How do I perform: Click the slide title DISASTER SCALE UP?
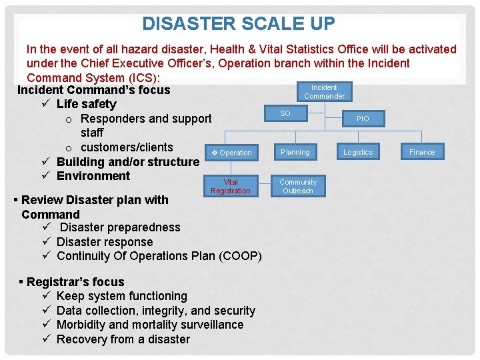(x=239, y=24)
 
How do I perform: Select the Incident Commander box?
(x=324, y=92)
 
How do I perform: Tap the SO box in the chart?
(x=285, y=114)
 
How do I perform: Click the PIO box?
(x=362, y=119)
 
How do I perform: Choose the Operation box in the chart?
(x=231, y=153)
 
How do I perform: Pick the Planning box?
(x=295, y=152)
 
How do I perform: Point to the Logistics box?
(x=358, y=152)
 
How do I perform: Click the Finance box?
(x=421, y=152)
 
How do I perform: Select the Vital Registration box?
(x=231, y=187)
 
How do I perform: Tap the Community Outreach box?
(x=297, y=187)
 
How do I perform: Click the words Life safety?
(x=86, y=104)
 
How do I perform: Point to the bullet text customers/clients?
(x=126, y=147)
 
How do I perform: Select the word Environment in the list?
(x=93, y=176)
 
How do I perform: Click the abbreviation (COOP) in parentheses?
(x=239, y=256)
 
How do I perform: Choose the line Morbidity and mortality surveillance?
(x=150, y=325)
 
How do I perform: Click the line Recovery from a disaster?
(x=123, y=339)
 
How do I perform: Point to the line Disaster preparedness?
(x=120, y=227)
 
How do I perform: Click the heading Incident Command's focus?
(x=93, y=90)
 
